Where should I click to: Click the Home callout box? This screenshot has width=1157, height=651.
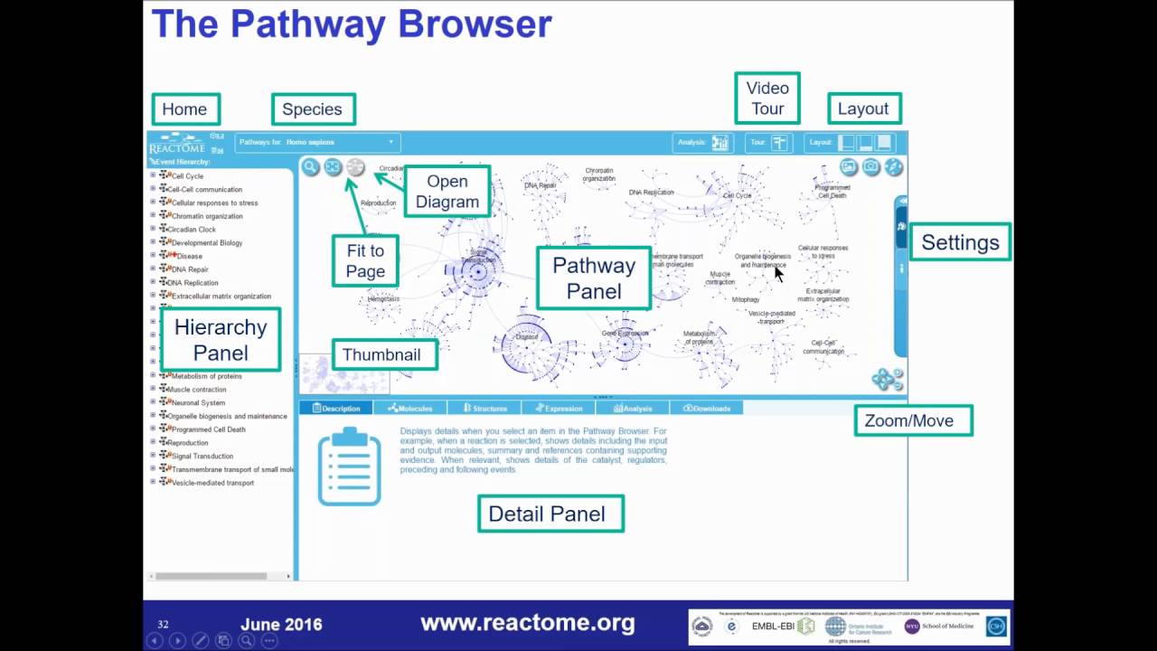(x=185, y=109)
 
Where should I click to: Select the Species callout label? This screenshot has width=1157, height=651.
(x=313, y=109)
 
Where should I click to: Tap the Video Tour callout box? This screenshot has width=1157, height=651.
(x=767, y=99)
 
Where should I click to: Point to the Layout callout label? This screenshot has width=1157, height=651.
(x=863, y=108)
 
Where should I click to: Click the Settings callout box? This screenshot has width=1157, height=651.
(x=960, y=242)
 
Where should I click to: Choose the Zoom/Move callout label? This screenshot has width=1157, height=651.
(x=913, y=420)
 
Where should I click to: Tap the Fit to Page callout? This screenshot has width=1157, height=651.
(x=365, y=261)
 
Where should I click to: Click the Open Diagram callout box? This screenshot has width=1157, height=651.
(x=447, y=192)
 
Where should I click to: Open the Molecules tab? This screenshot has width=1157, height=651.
(x=410, y=409)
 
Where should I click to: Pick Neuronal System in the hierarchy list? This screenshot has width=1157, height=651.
(x=198, y=403)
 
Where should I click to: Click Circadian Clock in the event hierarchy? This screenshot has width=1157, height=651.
(x=193, y=230)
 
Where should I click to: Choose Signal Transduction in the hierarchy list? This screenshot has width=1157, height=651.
(x=202, y=457)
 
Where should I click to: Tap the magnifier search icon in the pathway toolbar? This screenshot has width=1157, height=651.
(x=311, y=167)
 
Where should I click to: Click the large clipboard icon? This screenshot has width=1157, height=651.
(x=349, y=467)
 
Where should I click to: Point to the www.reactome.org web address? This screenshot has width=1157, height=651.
(x=528, y=623)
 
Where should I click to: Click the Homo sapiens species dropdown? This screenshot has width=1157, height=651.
(x=317, y=142)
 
